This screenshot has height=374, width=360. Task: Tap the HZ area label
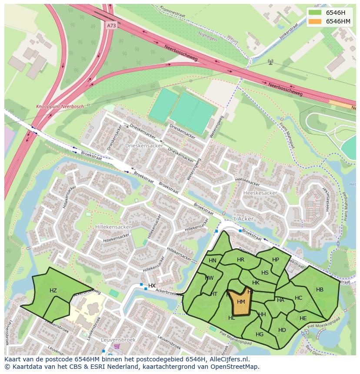53,291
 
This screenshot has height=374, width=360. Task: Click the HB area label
320,290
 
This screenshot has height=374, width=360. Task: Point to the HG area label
260,334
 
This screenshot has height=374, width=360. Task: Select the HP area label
276,260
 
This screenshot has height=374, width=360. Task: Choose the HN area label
213,261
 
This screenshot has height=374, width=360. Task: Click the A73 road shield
111,26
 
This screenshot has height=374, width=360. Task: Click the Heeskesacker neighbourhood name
260,192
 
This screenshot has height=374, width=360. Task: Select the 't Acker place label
243,219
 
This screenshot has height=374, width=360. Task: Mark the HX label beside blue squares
152,285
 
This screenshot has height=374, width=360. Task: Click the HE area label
303,318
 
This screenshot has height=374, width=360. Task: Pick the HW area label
210,278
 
